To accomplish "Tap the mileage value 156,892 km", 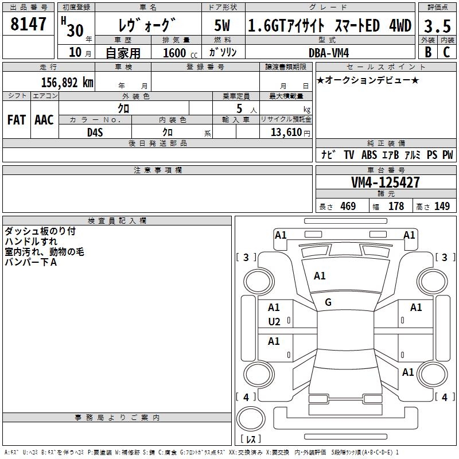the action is (x=67, y=82).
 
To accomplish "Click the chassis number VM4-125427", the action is (x=385, y=182).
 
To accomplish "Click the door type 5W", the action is (x=222, y=26).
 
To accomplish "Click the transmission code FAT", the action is (x=16, y=119).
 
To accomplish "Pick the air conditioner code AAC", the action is (x=44, y=119).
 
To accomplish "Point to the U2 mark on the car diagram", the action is (x=274, y=322).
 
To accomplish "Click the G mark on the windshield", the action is (x=328, y=302).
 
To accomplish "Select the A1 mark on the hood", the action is (x=320, y=276).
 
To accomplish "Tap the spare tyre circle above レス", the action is (x=250, y=419).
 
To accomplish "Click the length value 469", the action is (x=348, y=207).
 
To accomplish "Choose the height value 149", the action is (x=442, y=207).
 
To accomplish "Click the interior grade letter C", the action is (x=446, y=52).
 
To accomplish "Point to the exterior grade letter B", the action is (x=428, y=52).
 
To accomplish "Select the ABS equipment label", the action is (x=369, y=155).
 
